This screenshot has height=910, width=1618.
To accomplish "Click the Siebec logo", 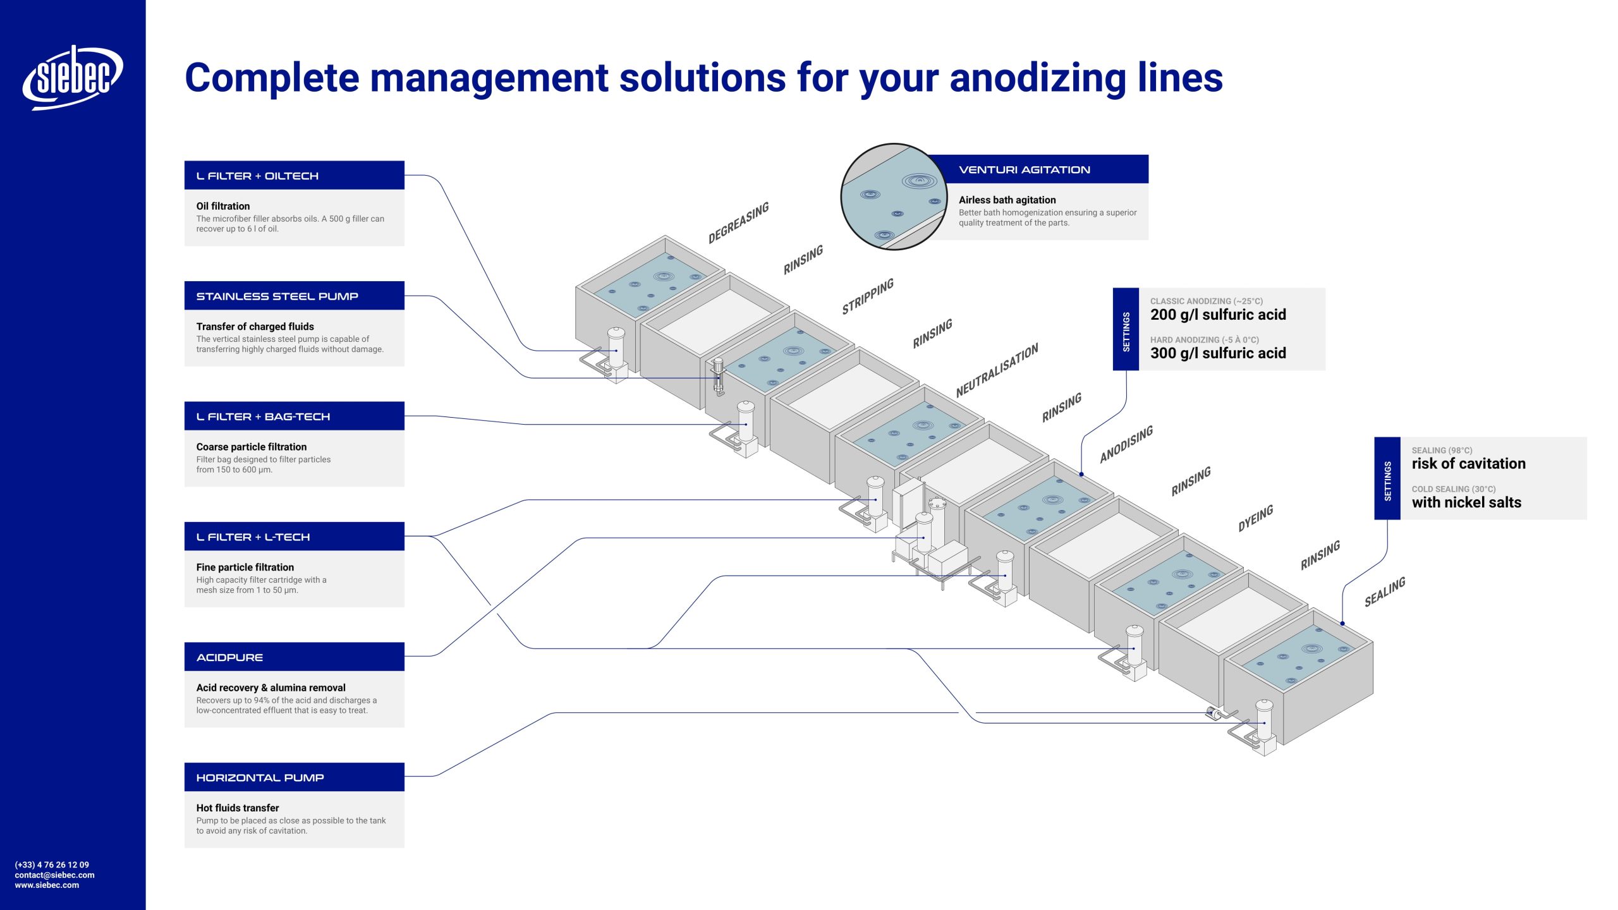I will [x=73, y=77].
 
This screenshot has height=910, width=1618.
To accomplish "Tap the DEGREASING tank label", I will [x=738, y=222].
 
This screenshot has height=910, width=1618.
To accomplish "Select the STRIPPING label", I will [x=868, y=296].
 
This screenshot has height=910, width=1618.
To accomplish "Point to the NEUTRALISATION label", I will [x=997, y=370].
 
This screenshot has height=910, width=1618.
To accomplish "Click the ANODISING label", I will [x=1126, y=444].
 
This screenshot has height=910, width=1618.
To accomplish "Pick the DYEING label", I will [x=1255, y=518].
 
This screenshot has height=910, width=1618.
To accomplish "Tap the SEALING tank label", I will [x=1384, y=591].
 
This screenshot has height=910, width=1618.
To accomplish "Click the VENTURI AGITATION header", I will [x=1025, y=169].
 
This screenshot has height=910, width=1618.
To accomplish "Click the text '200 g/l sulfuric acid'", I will [x=1218, y=315].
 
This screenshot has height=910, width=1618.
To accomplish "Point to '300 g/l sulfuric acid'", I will [x=1218, y=353].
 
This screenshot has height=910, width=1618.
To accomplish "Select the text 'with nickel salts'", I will [x=1466, y=502].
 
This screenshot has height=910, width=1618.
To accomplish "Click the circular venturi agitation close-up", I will [x=893, y=197].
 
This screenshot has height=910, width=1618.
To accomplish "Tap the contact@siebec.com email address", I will [x=54, y=875].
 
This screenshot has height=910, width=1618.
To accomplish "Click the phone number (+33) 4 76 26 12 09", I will [x=52, y=864].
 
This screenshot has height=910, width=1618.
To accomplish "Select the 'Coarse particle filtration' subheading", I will [x=252, y=447].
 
